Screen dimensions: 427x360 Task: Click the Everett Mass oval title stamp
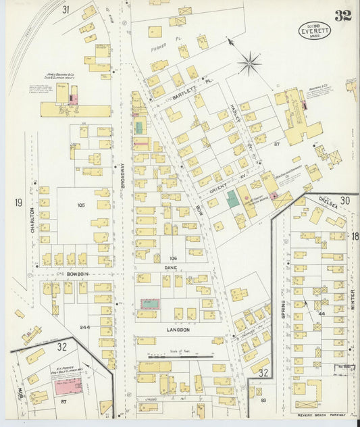[x=314, y=30]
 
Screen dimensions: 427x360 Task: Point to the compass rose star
[x=249, y=64]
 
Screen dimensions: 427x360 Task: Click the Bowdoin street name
[x=78, y=274]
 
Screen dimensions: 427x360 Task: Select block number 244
[x=84, y=326]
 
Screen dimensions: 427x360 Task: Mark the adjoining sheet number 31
[x=66, y=9]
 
